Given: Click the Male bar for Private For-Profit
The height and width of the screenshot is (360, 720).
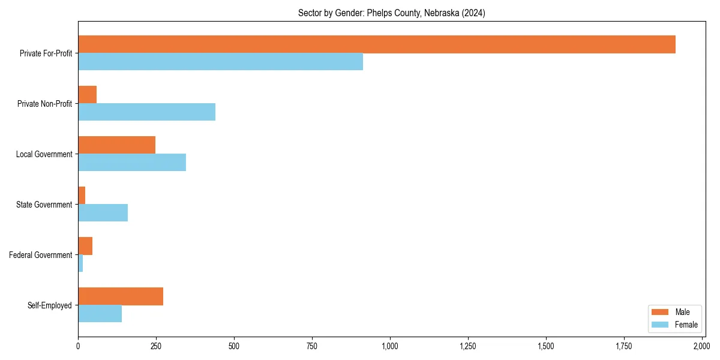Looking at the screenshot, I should tap(377, 44).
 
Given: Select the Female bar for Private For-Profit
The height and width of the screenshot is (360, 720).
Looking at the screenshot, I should tap(220, 62).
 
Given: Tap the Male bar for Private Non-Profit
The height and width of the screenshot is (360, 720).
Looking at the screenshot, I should tap(87, 95).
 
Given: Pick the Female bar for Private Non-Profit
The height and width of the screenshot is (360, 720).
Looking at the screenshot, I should tap(146, 112).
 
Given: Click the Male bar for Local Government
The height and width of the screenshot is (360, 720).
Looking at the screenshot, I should tap(116, 145).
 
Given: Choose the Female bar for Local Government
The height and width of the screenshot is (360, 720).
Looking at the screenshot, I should tap(132, 163).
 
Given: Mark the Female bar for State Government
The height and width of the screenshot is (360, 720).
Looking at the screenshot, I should tap(103, 213).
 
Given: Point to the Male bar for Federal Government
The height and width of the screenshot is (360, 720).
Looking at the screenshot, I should tap(85, 246).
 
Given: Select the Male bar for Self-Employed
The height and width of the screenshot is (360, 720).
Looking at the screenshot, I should tap(121, 296).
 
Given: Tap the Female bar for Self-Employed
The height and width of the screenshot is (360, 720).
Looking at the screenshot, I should tap(100, 314).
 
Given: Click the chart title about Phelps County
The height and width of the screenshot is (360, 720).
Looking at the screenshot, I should tap(392, 13).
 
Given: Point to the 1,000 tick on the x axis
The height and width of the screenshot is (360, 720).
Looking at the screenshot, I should tap(390, 346).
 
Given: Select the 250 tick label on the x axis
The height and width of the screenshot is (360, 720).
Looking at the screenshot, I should tap(156, 346).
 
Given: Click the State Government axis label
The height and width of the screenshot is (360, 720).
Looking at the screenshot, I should tap(44, 205).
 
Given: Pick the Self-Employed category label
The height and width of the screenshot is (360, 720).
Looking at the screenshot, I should tap(50, 305).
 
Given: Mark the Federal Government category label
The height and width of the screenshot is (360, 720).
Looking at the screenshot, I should tap(41, 255).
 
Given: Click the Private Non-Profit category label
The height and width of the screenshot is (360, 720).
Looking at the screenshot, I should tap(46, 104).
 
